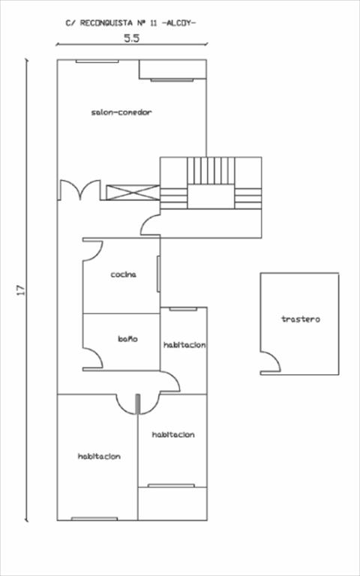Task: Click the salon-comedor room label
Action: coord(121,112)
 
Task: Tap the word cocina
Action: coord(124,274)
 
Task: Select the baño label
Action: coord(127,339)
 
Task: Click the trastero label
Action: coord(301,319)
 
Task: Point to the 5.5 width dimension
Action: coord(131,38)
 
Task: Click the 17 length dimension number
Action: coord(21,289)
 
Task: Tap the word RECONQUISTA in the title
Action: coord(106,23)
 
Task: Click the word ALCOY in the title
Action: coord(179,23)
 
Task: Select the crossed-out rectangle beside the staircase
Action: coord(133,193)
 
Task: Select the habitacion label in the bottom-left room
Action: coord(99,457)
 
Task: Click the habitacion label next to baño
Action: coord(184,345)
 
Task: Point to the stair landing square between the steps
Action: coord(211,196)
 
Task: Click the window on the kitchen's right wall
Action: coord(159,274)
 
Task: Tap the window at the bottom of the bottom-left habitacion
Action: coord(94,519)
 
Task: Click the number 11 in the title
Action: coord(154,23)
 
